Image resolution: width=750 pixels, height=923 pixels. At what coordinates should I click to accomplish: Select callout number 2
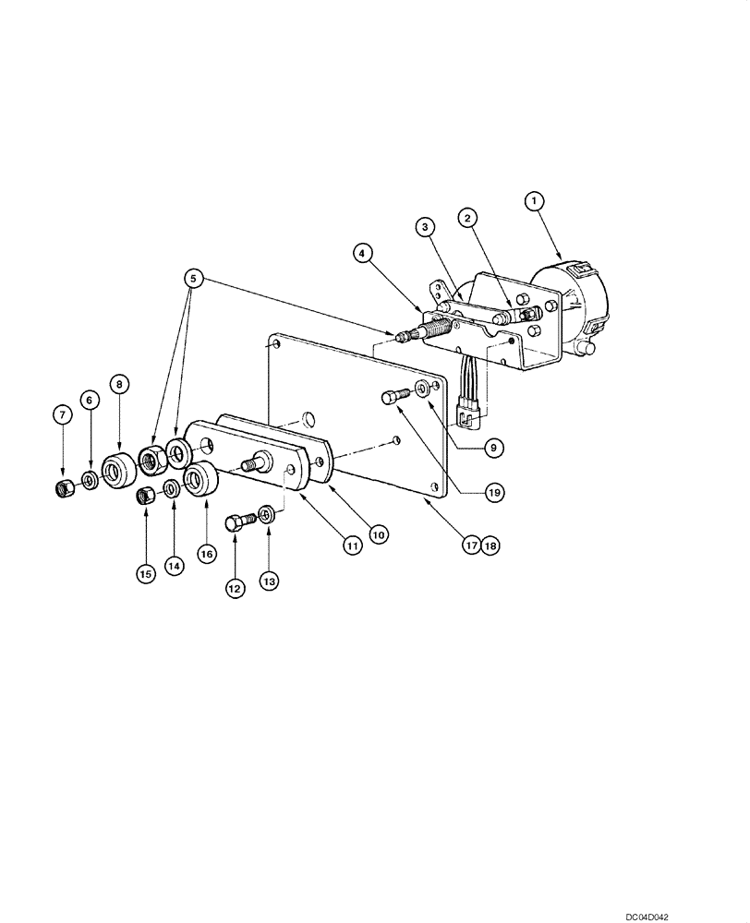468,218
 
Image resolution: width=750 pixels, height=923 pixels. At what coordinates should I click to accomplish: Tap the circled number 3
424,226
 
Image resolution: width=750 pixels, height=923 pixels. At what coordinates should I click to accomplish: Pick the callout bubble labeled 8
119,382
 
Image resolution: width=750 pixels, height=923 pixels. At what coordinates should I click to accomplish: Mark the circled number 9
492,447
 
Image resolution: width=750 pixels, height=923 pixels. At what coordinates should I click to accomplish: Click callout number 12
235,585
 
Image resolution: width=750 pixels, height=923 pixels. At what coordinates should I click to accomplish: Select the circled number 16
205,553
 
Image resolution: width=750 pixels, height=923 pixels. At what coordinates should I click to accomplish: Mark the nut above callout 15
145,497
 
